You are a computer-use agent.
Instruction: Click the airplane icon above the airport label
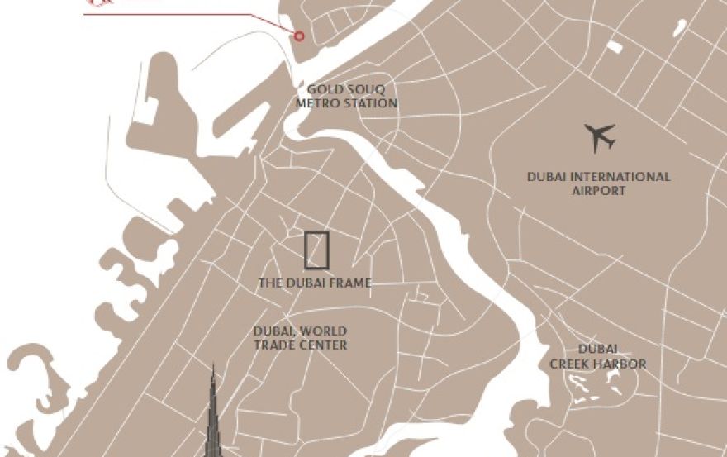point(600,137)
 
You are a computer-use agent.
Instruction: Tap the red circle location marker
point(299,36)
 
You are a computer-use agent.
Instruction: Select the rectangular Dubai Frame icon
point(316,250)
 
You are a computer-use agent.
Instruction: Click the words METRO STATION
point(346,103)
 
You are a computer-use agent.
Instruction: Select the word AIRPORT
point(599,191)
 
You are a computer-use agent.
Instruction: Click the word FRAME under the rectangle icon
point(351,283)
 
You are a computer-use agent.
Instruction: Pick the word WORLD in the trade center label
point(324,331)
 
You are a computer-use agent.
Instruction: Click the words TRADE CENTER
point(300,345)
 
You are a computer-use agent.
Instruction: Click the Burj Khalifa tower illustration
point(213,421)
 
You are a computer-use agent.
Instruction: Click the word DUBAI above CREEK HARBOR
point(598,350)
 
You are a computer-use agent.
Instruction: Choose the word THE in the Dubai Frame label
point(270,283)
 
